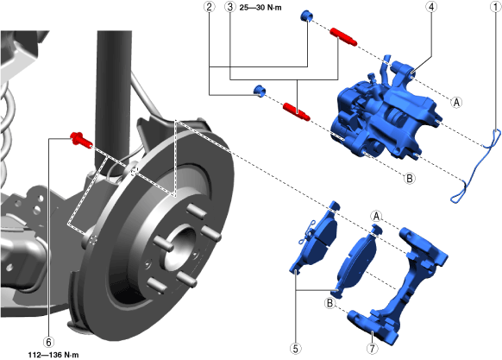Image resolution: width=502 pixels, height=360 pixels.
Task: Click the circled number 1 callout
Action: click(495, 7)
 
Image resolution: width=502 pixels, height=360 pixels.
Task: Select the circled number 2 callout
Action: click(209, 7)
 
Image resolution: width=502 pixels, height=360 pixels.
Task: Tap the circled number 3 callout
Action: click(230, 7)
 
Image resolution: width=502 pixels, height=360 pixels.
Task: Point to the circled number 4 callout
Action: click(431, 7)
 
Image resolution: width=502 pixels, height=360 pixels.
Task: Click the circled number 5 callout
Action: click(295, 348)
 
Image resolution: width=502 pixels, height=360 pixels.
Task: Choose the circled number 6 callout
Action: click(48, 342)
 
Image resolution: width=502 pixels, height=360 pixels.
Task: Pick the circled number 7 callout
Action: click(372, 348)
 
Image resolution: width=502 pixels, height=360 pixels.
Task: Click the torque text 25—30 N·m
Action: click(260, 8)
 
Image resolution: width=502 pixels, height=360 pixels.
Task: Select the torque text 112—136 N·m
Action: click(53, 355)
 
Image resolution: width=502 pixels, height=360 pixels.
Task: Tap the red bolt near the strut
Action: click(81, 140)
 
